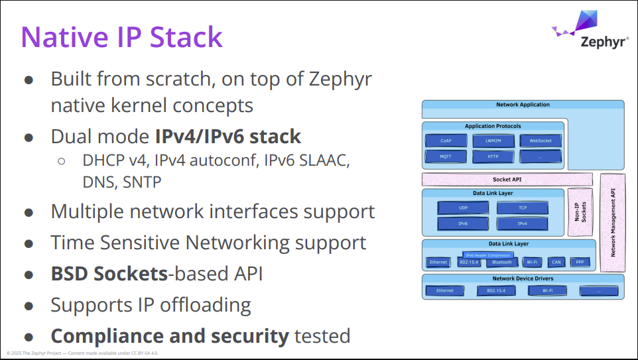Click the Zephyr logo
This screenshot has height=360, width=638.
590,30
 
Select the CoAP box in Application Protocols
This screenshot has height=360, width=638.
445,141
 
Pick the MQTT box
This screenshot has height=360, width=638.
445,156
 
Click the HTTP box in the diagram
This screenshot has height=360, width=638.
493,156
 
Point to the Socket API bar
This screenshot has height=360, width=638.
507,179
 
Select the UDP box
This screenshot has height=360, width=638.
463,208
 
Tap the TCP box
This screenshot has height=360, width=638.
522,208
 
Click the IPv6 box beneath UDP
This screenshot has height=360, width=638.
463,223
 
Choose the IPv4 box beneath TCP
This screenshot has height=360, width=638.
522,223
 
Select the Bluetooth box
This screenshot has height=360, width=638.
501,263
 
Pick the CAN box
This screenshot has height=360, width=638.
556,263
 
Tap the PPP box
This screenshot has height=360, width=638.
579,263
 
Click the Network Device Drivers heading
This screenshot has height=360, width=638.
523,278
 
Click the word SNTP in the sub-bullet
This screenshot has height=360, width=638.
142,182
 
